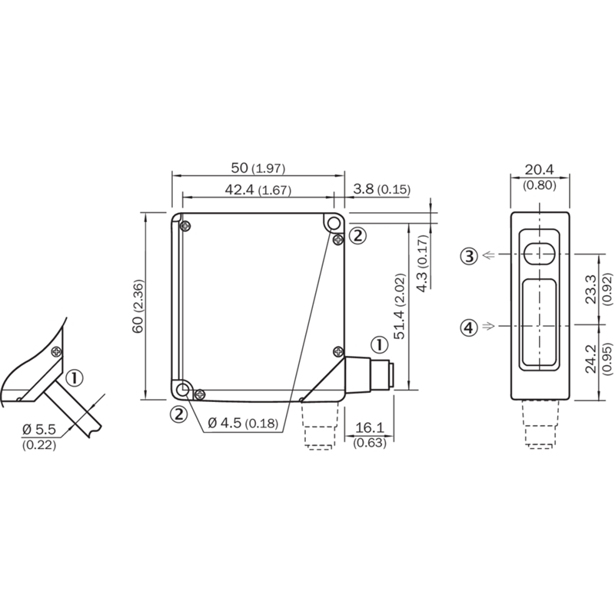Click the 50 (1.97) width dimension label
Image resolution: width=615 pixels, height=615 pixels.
tap(258, 168)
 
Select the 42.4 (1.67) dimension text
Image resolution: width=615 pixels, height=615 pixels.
tap(258, 190)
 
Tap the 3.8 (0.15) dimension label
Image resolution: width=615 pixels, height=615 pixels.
tap(381, 189)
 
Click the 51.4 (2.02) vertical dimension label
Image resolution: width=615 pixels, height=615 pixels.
tap(400, 306)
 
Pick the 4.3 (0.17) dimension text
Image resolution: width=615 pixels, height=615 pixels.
tap(422, 263)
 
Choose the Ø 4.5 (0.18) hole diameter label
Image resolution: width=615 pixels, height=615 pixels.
tap(243, 423)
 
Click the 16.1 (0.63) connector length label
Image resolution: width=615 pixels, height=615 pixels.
tap(370, 434)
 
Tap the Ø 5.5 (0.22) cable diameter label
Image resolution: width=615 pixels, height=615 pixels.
tap(39, 437)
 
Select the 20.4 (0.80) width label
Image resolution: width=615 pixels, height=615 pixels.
tap(540, 178)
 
